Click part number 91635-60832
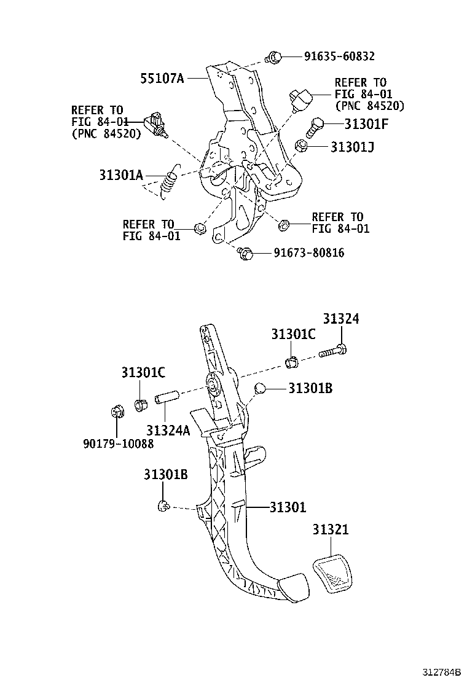[x=339, y=57]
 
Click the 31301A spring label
[x=120, y=174]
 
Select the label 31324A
[x=168, y=430]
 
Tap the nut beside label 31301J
[x=302, y=146]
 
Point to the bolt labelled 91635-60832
[x=274, y=58]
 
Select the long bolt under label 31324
[x=333, y=352]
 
